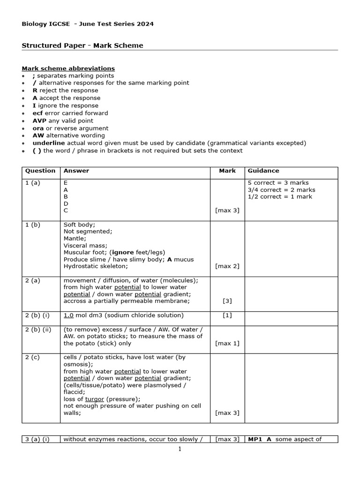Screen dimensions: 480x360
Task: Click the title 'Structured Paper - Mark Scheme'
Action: (82, 45)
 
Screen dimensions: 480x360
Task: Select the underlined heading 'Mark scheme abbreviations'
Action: (68, 68)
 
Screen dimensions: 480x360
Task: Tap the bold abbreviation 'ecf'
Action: (37, 113)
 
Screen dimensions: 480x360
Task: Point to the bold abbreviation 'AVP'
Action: (39, 120)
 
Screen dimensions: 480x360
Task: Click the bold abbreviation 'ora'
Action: (37, 128)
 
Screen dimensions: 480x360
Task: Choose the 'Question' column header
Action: (40, 171)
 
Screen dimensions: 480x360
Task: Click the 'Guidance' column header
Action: (263, 171)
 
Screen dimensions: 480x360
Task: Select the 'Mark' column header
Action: (227, 171)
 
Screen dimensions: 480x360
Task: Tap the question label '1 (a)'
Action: (33, 183)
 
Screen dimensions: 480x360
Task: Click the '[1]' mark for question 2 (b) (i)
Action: (227, 315)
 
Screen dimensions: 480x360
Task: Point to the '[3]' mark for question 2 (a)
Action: (227, 301)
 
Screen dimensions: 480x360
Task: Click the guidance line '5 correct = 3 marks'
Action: (278, 183)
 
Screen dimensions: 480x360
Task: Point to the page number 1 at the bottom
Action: (180, 449)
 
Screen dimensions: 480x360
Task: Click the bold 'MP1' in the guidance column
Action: (256, 439)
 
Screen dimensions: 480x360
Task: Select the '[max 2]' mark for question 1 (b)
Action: (227, 266)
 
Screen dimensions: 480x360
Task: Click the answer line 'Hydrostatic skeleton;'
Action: (96, 266)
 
